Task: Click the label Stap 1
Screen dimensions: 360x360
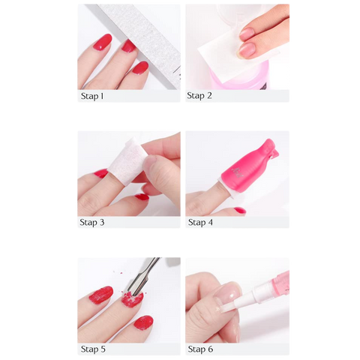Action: [92, 96]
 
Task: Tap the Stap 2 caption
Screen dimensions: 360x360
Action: [199, 96]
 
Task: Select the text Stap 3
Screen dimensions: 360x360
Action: [92, 223]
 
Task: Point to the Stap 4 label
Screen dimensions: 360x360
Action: [199, 223]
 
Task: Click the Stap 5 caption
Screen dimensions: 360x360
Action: [92, 349]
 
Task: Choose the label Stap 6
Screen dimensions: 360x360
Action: [199, 349]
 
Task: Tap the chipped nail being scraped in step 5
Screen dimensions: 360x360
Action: [132, 300]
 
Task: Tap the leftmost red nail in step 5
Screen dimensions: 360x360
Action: [100, 295]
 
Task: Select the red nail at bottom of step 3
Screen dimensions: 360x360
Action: [142, 197]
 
